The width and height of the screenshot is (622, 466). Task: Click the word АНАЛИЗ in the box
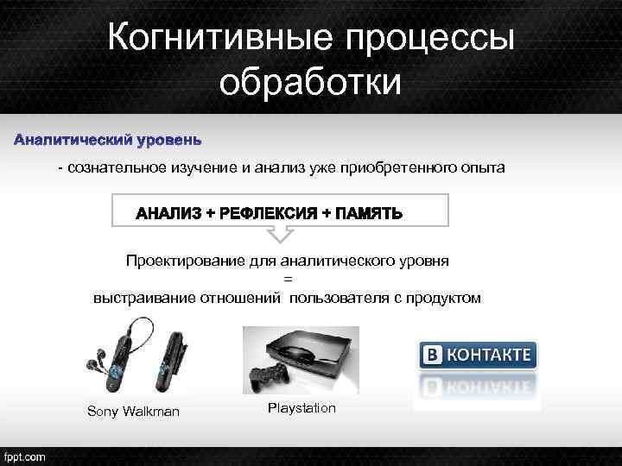click(x=169, y=213)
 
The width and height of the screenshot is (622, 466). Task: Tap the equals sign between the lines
click(x=288, y=279)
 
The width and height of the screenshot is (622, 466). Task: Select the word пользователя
click(x=336, y=298)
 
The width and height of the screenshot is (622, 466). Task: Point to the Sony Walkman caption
click(x=134, y=412)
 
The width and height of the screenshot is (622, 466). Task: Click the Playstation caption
click(x=301, y=407)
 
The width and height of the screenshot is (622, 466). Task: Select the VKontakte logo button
click(x=477, y=355)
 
